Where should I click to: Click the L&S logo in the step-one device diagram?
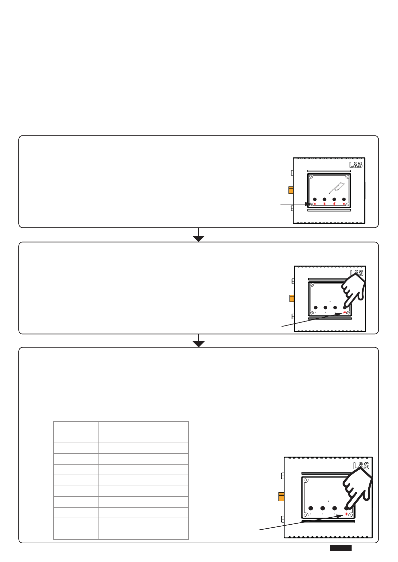tap(356, 165)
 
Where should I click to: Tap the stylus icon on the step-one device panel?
tap(337, 188)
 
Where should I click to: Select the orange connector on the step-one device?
tap(291, 190)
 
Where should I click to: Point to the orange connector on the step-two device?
tap(292, 298)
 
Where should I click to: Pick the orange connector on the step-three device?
tap(281, 497)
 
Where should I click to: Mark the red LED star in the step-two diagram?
tap(345, 313)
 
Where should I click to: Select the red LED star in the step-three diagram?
tap(347, 514)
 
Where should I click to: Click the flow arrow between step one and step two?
tap(198, 235)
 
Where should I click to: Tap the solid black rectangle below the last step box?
tap(341, 548)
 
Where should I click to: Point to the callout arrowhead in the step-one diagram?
tap(308, 204)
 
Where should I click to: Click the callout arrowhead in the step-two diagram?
tap(339, 314)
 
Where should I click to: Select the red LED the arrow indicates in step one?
tap(315, 204)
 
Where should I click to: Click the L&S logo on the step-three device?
tap(361, 466)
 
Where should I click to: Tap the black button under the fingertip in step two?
tap(344, 307)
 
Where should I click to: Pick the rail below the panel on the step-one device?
tap(329, 210)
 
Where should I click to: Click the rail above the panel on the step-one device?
tap(329, 171)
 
